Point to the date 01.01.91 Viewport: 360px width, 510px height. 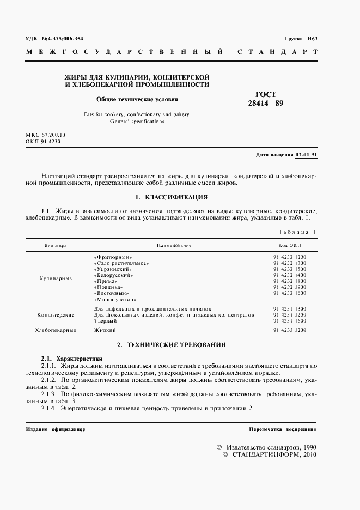click(x=307, y=155)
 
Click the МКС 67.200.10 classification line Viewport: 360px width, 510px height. click(x=45, y=134)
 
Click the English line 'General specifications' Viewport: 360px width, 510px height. click(x=137, y=122)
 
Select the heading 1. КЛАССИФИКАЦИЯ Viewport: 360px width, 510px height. click(x=171, y=197)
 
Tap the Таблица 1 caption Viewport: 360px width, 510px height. click(x=297, y=232)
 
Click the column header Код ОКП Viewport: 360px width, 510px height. click(x=289, y=246)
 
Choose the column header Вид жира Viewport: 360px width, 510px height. click(x=56, y=246)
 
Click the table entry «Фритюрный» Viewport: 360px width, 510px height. click(x=113, y=257)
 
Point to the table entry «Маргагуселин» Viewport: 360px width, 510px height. click(x=115, y=300)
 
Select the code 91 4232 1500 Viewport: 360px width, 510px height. click(x=290, y=269)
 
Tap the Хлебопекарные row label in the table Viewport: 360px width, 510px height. click(x=56, y=330)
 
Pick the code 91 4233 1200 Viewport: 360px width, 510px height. click(x=290, y=330)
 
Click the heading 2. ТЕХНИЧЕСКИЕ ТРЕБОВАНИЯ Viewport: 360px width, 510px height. click(x=171, y=345)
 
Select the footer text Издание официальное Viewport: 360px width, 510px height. click(x=56, y=429)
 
